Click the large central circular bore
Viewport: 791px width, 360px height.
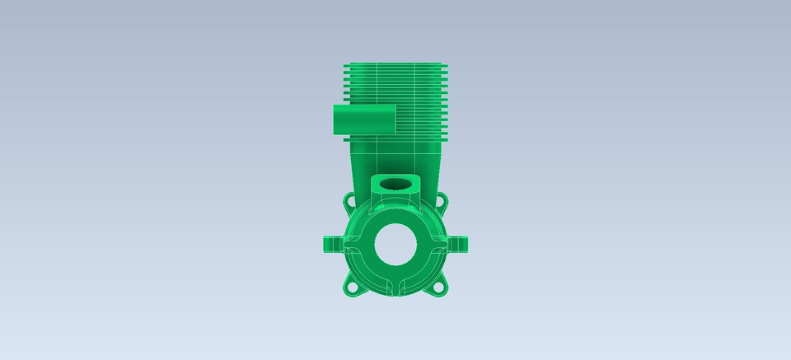pyautogui.click(x=396, y=245)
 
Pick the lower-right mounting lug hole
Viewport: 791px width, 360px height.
pyautogui.click(x=441, y=288)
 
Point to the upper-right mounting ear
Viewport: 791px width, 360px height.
pyautogui.click(x=443, y=200)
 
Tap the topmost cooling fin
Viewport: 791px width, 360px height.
pyautogui.click(x=395, y=63)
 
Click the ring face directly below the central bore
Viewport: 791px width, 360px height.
pyautogui.click(x=396, y=278)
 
